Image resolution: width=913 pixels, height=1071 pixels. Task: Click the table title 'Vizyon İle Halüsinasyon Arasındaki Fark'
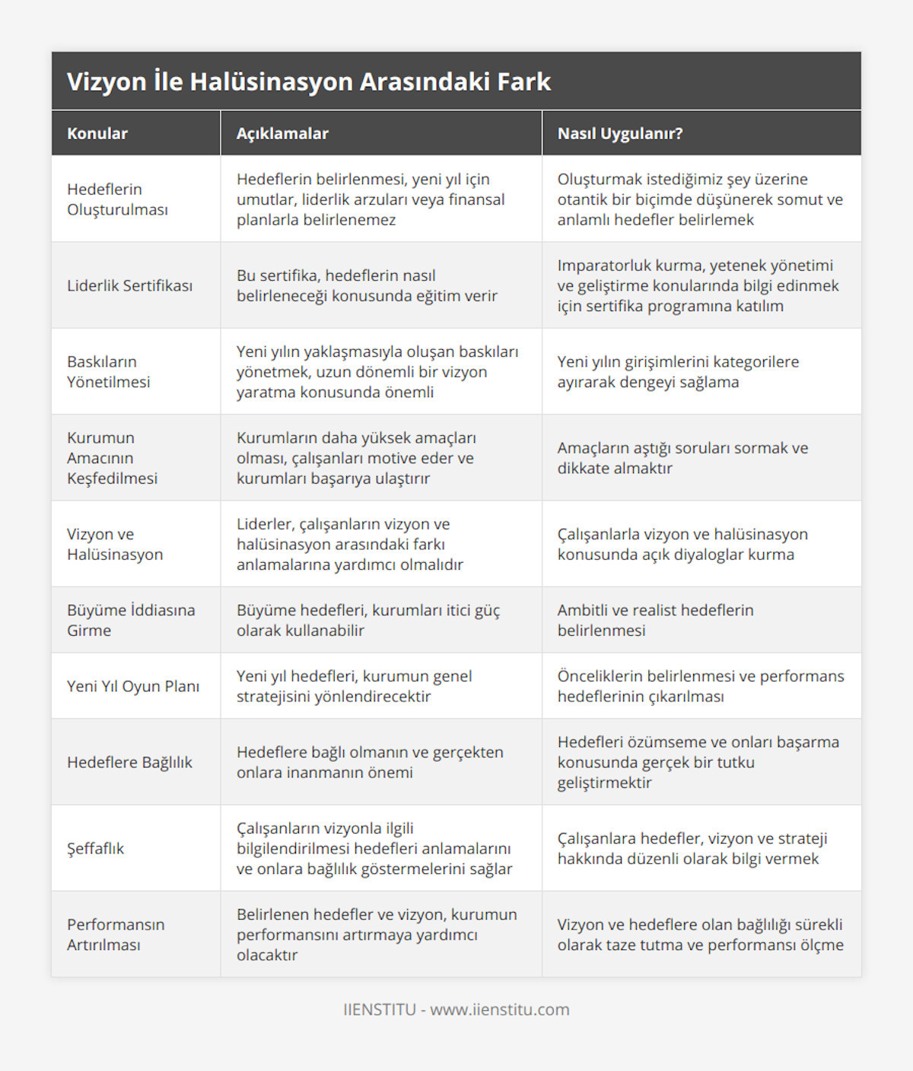pos(309,81)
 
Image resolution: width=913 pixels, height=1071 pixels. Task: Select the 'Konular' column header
pos(97,134)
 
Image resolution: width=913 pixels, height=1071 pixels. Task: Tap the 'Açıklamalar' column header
pos(282,134)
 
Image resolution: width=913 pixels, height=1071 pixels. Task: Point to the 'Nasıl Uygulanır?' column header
pos(620,134)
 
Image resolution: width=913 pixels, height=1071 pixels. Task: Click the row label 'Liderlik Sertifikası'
pos(130,285)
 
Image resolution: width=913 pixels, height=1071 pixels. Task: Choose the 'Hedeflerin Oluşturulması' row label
pos(117,199)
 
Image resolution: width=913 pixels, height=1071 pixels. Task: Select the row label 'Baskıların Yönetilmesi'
pos(109,372)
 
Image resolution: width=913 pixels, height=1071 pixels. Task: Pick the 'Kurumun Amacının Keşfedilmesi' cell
pos(113,458)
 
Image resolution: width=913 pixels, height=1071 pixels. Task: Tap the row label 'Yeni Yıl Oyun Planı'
pos(133,686)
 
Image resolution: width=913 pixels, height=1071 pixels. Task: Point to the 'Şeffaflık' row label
pos(96,848)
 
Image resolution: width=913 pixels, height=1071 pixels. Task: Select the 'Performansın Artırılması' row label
pos(116,934)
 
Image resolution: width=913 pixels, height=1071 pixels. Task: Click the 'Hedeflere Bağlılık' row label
pos(130,762)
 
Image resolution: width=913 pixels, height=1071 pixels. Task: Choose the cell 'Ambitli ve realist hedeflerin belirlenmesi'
pos(655,620)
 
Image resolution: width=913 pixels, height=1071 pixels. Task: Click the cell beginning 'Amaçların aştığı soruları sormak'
pos(682,458)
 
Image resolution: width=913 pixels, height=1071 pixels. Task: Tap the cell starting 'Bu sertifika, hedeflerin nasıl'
pos(367,285)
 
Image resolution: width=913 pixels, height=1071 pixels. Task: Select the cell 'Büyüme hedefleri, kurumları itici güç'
pos(368,620)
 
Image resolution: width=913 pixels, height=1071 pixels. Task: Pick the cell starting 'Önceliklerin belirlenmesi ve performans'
pos(701,686)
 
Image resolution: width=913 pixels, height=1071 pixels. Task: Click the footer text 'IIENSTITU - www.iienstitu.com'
pos(456,1009)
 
